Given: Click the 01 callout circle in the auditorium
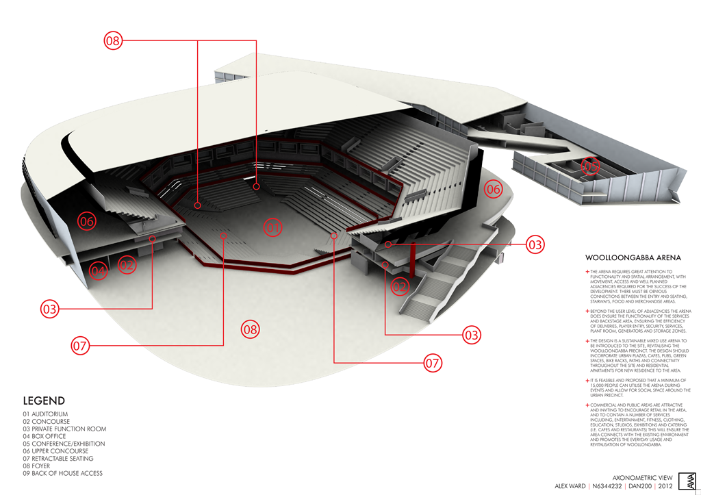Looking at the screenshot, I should pyautogui.click(x=273, y=227).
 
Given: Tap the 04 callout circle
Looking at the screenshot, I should pyautogui.click(x=99, y=271).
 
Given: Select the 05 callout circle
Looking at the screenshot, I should pyautogui.click(x=590, y=166).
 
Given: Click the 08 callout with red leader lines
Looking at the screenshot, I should pyautogui.click(x=113, y=41).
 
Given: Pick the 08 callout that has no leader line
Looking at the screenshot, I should pyautogui.click(x=251, y=329).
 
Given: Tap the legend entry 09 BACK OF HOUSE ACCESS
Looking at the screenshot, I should pyautogui.click(x=63, y=473).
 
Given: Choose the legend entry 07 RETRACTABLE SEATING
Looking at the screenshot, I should pyautogui.click(x=58, y=459).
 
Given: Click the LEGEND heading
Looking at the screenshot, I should pyautogui.click(x=44, y=401).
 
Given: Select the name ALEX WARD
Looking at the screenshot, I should pyautogui.click(x=570, y=485).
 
